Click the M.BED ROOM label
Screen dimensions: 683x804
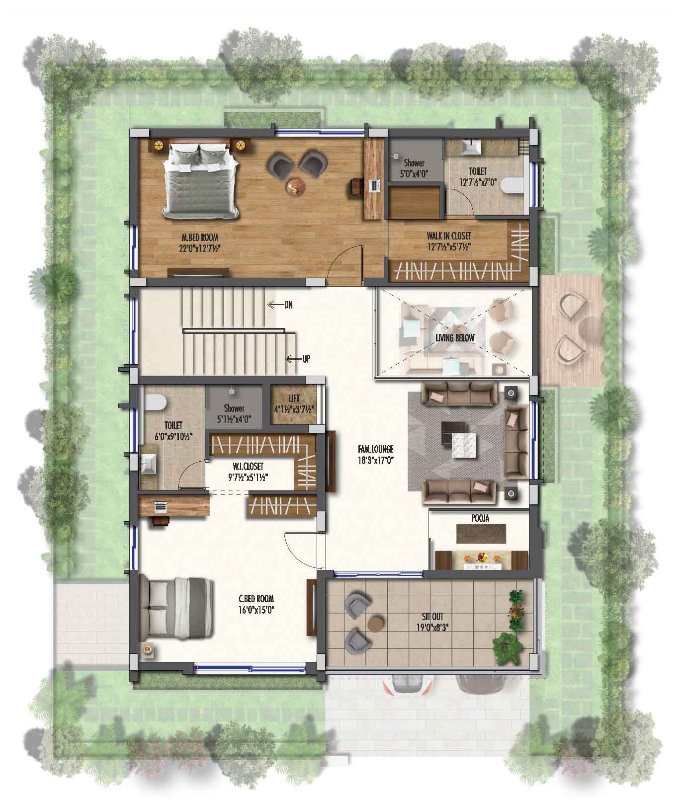tap(199, 238)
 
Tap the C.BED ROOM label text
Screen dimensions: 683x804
tap(256, 599)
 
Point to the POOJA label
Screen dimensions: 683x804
tap(480, 518)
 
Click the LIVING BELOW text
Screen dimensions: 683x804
tap(455, 338)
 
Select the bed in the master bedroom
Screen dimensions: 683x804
tap(201, 179)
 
